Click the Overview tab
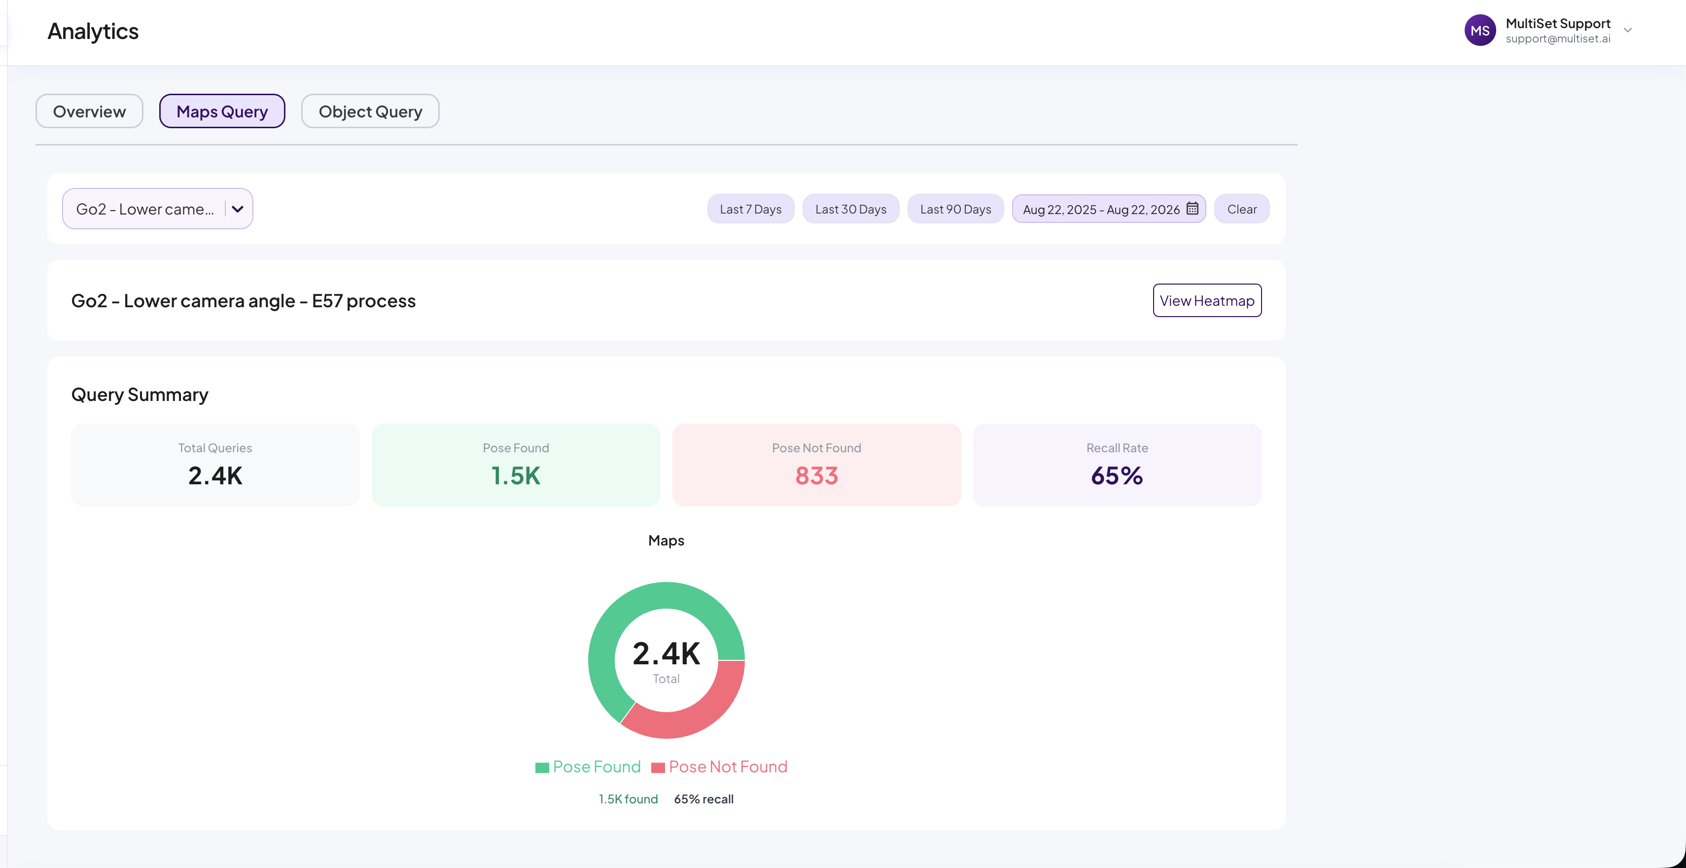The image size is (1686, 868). pos(89,111)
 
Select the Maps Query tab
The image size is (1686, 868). pos(222,111)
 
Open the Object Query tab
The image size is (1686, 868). pos(370,111)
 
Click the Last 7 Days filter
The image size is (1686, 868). pos(751,209)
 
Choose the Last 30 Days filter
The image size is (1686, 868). pos(851,209)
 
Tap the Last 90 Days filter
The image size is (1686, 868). pos(955,209)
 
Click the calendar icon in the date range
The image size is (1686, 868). pos(1193,208)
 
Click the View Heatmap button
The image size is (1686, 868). pos(1207,300)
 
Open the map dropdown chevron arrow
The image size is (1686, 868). pos(238,209)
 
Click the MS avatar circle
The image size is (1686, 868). pos(1480,31)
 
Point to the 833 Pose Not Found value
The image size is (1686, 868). pos(816,476)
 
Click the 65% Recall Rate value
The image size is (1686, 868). pos(1117,476)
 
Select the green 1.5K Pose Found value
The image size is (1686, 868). pos(516,476)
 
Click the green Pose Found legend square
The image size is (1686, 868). pos(542,768)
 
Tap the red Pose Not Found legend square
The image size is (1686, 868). pos(658,768)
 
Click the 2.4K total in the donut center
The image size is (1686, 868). pos(667,654)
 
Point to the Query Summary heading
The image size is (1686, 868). pos(140,395)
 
